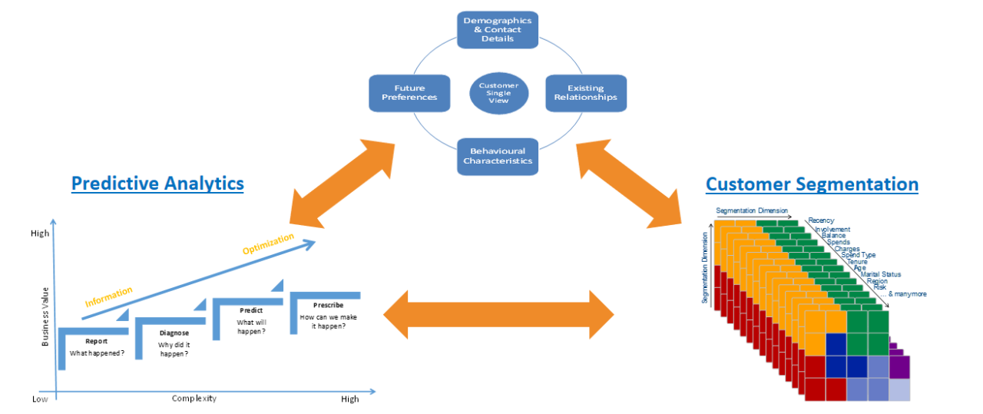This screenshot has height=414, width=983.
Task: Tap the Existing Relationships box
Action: coord(586,93)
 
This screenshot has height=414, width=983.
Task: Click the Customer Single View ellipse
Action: coord(498,93)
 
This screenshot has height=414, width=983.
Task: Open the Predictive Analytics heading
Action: coord(157,184)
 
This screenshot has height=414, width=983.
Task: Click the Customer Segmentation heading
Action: coord(812,184)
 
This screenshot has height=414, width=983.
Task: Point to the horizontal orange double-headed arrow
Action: coord(498,315)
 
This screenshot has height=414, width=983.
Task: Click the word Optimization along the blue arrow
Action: coord(268,244)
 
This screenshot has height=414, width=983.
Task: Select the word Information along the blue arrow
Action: coord(108,296)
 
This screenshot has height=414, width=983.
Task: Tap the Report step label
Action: coord(96,341)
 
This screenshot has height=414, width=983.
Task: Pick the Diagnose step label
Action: coord(174,333)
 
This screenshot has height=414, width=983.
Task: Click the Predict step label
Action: coord(251,311)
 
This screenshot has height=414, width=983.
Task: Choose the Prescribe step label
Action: coord(328,305)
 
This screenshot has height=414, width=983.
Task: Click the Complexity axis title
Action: coord(194,399)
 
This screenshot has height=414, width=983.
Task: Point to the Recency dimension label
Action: coord(821,220)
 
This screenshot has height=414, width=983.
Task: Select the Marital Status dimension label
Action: coord(881,274)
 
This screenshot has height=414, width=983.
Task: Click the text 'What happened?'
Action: coord(97,353)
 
